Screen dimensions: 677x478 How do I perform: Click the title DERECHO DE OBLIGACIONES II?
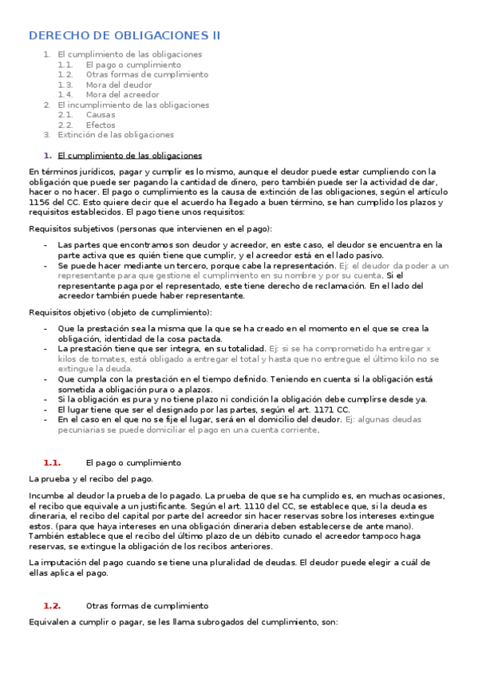(x=124, y=35)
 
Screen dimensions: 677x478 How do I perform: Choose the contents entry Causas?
(x=101, y=115)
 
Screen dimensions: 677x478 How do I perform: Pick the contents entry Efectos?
(x=101, y=125)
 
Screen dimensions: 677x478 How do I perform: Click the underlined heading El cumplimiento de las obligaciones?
(x=130, y=156)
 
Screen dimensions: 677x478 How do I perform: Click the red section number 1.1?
(x=53, y=463)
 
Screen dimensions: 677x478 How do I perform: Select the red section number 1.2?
(x=53, y=606)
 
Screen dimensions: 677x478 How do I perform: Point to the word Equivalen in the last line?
(x=49, y=622)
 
